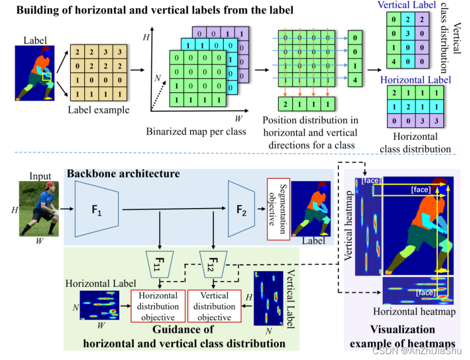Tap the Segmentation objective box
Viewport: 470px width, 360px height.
278,209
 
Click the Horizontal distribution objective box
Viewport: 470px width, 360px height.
158,306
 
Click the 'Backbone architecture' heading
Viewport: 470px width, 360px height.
123,174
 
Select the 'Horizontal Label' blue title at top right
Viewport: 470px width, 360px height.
415,80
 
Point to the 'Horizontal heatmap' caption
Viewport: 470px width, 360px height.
414,311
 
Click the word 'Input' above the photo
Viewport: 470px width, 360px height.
40,176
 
